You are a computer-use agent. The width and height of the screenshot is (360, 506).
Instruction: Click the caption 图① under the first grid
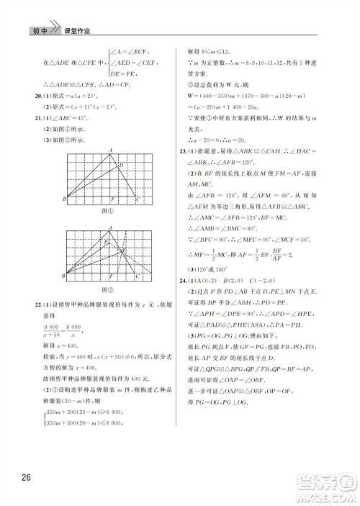click(108, 212)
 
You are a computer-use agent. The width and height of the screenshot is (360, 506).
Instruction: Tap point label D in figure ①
click(122, 166)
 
